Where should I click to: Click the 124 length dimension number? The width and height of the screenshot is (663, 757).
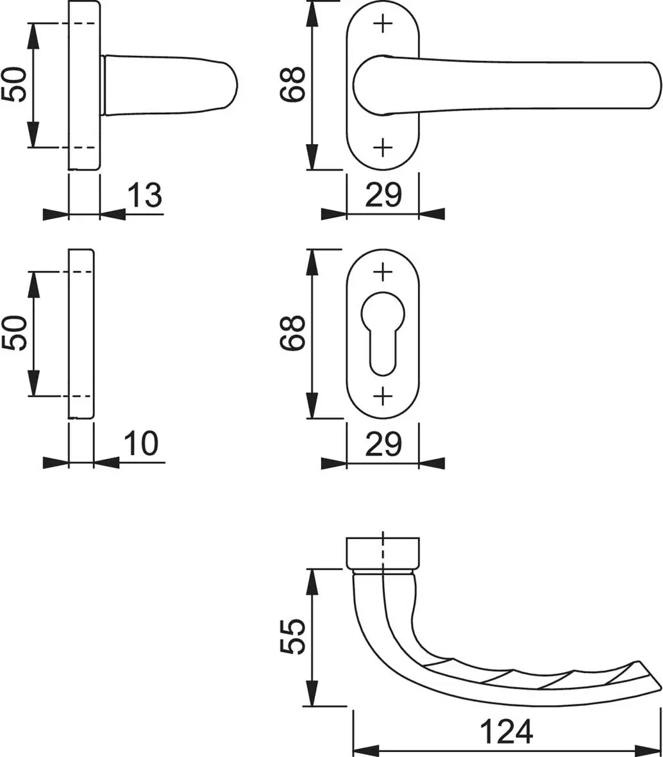click(506, 731)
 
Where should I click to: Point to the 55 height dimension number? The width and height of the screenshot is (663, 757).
click(292, 636)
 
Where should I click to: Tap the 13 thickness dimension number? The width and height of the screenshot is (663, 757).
click(144, 195)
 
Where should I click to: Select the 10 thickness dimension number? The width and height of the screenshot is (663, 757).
click(141, 443)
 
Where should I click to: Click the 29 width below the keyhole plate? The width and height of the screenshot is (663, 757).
click(383, 444)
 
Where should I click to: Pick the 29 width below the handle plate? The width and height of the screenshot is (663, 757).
click(383, 195)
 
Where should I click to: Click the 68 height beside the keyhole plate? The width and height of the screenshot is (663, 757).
click(292, 333)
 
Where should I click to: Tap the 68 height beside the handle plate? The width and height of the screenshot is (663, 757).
click(292, 84)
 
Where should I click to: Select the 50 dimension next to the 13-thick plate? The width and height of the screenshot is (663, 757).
click(13, 85)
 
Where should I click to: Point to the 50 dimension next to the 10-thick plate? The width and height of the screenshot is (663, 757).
click(13, 333)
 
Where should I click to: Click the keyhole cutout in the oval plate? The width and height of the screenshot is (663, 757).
click(383, 333)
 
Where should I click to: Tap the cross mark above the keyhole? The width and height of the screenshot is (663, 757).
click(383, 272)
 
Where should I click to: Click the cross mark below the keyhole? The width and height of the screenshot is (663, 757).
click(383, 396)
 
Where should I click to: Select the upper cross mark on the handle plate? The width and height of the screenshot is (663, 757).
click(383, 23)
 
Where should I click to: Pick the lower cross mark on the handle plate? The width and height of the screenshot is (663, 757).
click(383, 147)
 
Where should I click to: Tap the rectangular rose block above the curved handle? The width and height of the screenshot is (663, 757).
click(383, 553)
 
